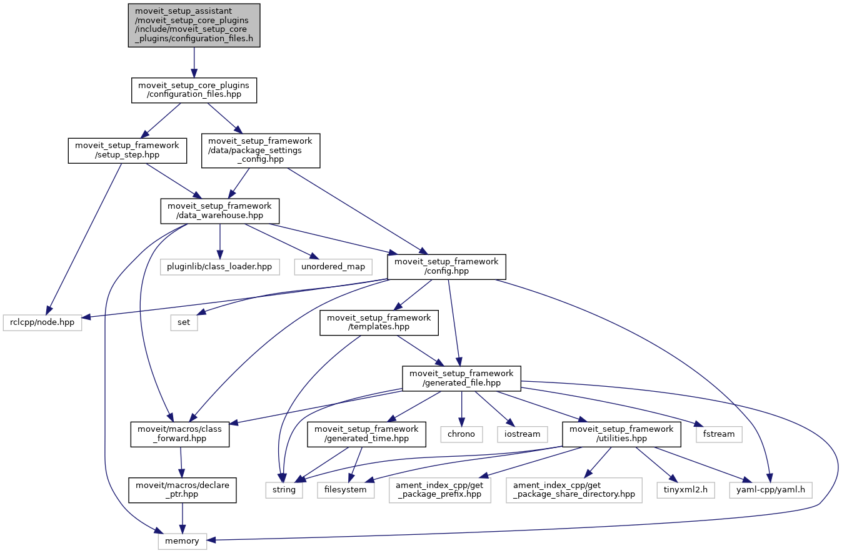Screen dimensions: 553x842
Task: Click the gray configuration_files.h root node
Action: coord(194,25)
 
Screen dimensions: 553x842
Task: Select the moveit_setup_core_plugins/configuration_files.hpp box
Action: coord(194,90)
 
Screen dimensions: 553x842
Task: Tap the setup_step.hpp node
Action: coord(127,151)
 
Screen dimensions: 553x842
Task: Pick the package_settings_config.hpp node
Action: coord(260,151)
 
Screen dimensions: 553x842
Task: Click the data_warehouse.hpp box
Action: coord(219,211)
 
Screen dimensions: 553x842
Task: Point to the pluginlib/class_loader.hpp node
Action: coord(219,266)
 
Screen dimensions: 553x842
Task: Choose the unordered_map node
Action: coord(333,266)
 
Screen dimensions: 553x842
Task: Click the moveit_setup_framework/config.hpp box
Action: coord(446,267)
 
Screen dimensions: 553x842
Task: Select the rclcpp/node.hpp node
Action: coord(43,322)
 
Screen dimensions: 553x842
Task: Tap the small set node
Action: coord(184,322)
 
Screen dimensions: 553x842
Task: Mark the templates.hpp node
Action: coord(379,322)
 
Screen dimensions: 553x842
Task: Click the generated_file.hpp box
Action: coord(461,379)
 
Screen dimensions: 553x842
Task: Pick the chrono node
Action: coord(461,434)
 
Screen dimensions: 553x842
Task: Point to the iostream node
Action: coord(523,434)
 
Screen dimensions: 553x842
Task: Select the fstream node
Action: coord(719,434)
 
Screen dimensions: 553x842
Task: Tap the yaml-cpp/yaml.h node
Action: coord(771,489)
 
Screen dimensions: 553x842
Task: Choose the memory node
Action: coord(182,541)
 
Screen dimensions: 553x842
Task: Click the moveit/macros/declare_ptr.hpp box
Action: coord(182,489)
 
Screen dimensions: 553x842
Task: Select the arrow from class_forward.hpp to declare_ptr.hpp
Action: coord(181,462)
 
